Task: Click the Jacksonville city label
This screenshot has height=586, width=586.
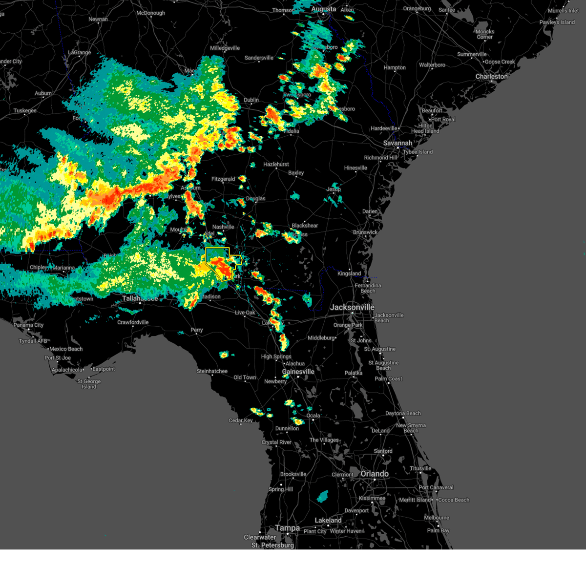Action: point(352,307)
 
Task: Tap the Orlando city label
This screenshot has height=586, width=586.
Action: point(375,474)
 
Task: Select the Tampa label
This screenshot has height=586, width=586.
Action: point(287,528)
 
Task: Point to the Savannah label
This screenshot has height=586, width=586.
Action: point(398,143)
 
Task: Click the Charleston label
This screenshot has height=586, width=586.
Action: point(492,77)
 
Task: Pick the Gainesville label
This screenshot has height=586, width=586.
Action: point(298,372)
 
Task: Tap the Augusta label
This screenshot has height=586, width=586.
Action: point(324,9)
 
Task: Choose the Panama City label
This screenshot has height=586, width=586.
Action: point(29,325)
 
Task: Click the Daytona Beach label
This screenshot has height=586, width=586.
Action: point(403,414)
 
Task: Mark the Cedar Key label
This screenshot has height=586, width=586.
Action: point(241,420)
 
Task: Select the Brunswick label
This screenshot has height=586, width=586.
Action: point(365,232)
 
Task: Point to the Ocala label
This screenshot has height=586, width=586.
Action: point(313,416)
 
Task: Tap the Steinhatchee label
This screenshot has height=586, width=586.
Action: point(212,371)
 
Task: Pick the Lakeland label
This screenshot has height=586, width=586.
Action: point(328,520)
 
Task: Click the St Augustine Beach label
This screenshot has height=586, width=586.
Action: point(383,365)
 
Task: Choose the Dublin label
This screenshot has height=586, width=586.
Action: point(251,100)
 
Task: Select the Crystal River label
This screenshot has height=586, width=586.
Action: point(276,442)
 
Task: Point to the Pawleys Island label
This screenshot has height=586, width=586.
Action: point(557,22)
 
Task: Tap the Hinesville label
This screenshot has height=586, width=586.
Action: point(356,168)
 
